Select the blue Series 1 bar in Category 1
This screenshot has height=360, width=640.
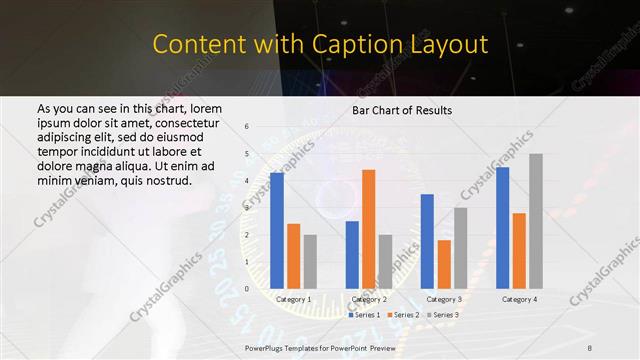point(276,230)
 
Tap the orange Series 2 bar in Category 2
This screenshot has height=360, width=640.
point(369,229)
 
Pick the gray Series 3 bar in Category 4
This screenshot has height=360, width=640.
point(536,221)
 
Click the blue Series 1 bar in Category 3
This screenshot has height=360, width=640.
point(427,241)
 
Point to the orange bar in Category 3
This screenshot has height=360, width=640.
point(444,264)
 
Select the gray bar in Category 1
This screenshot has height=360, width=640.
point(310,261)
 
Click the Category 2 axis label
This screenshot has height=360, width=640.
point(369,299)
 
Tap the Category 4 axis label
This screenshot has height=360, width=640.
point(519,299)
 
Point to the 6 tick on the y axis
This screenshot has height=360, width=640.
point(247,127)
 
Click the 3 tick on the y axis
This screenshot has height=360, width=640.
point(247,208)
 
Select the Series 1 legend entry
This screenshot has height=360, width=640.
point(364,315)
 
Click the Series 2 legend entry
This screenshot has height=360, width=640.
point(403,315)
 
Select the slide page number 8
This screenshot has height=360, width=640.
point(589,347)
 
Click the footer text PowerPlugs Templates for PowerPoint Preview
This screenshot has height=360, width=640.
point(320,347)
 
